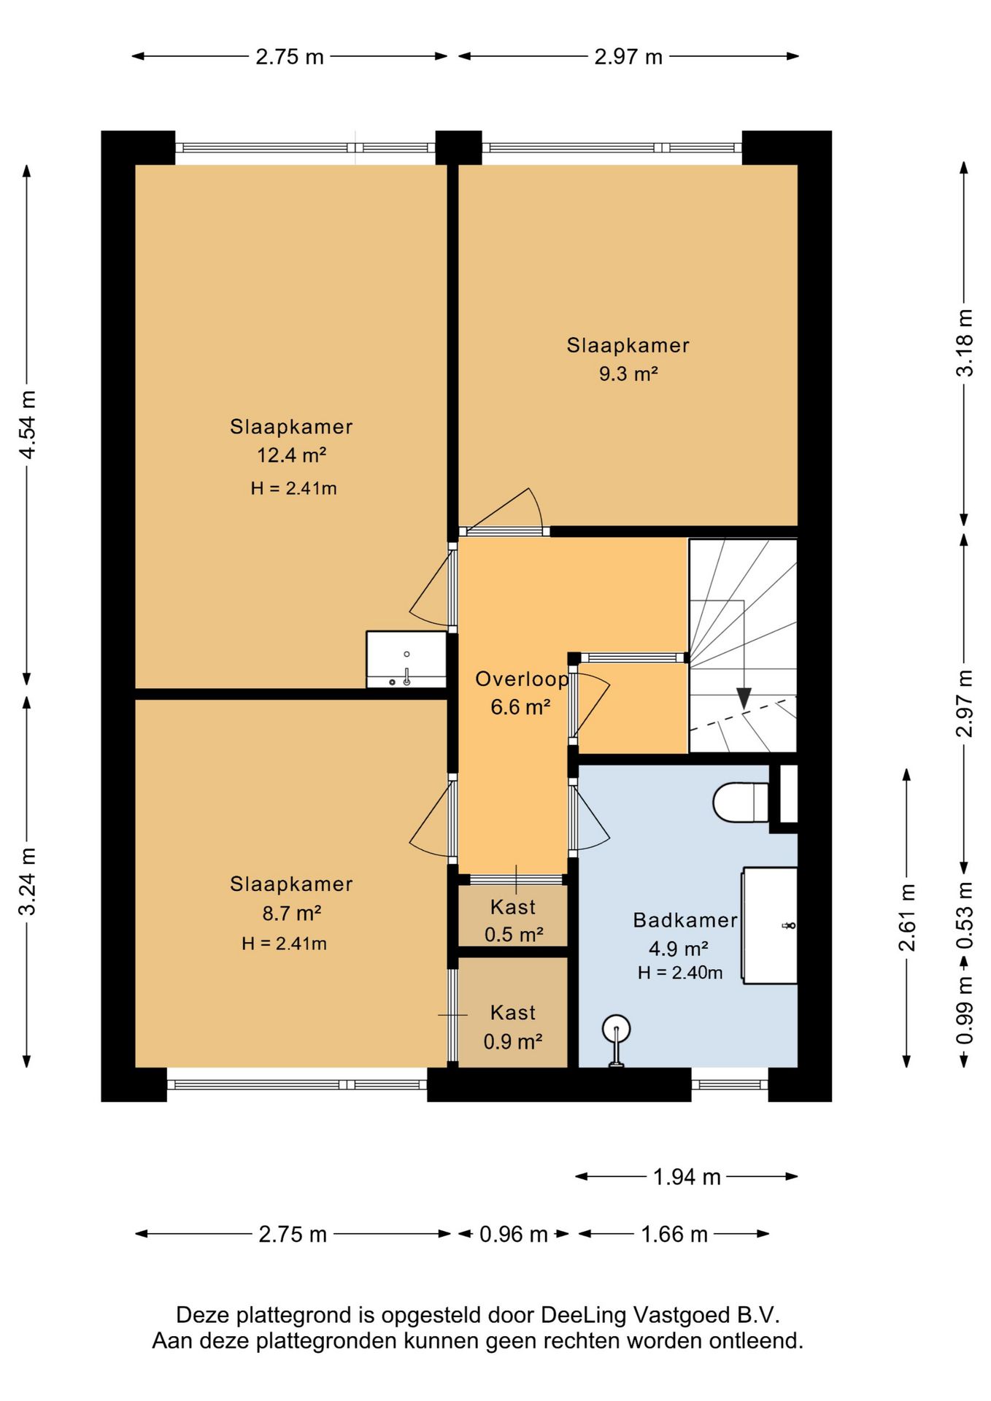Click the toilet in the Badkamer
741,802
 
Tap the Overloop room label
522,679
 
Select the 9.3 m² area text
628,374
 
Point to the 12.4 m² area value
291,455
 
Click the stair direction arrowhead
744,698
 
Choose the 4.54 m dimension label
28,425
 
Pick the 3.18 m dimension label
965,342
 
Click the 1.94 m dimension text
687,1177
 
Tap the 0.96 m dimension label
514,1235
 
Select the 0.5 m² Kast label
514,935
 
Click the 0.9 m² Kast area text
513,1041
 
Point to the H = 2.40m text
680,973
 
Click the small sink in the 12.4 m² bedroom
406,660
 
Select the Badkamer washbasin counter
770,925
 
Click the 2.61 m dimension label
906,917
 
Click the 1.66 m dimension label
674,1235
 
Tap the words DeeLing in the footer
583,1316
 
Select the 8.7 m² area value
292,914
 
